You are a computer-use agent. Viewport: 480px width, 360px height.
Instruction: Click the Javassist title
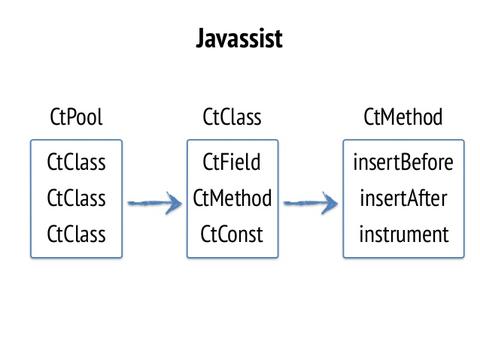[240, 41]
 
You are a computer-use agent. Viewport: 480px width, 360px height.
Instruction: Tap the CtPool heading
[76, 118]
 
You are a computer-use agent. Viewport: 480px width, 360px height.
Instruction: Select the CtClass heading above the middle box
[232, 118]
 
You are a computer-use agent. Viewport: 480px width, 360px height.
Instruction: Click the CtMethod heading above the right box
[404, 118]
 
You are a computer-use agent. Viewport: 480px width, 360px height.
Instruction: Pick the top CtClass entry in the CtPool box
[76, 161]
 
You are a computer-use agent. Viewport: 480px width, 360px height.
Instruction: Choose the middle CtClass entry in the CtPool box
[76, 198]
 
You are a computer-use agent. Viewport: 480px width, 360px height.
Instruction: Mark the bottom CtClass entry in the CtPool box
[76, 235]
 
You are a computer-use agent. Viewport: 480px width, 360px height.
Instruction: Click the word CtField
[232, 161]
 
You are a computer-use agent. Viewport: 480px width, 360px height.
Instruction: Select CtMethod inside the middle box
[232, 198]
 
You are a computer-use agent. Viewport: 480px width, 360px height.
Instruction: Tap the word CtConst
[232, 235]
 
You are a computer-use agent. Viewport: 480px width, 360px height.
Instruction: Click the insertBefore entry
[404, 161]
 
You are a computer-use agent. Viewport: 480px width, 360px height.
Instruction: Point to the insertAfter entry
[404, 198]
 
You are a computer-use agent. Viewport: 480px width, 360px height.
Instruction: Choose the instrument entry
[404, 235]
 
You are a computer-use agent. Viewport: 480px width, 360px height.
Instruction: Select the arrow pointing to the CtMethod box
[310, 203]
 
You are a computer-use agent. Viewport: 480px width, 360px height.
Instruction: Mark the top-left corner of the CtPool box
[31, 140]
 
